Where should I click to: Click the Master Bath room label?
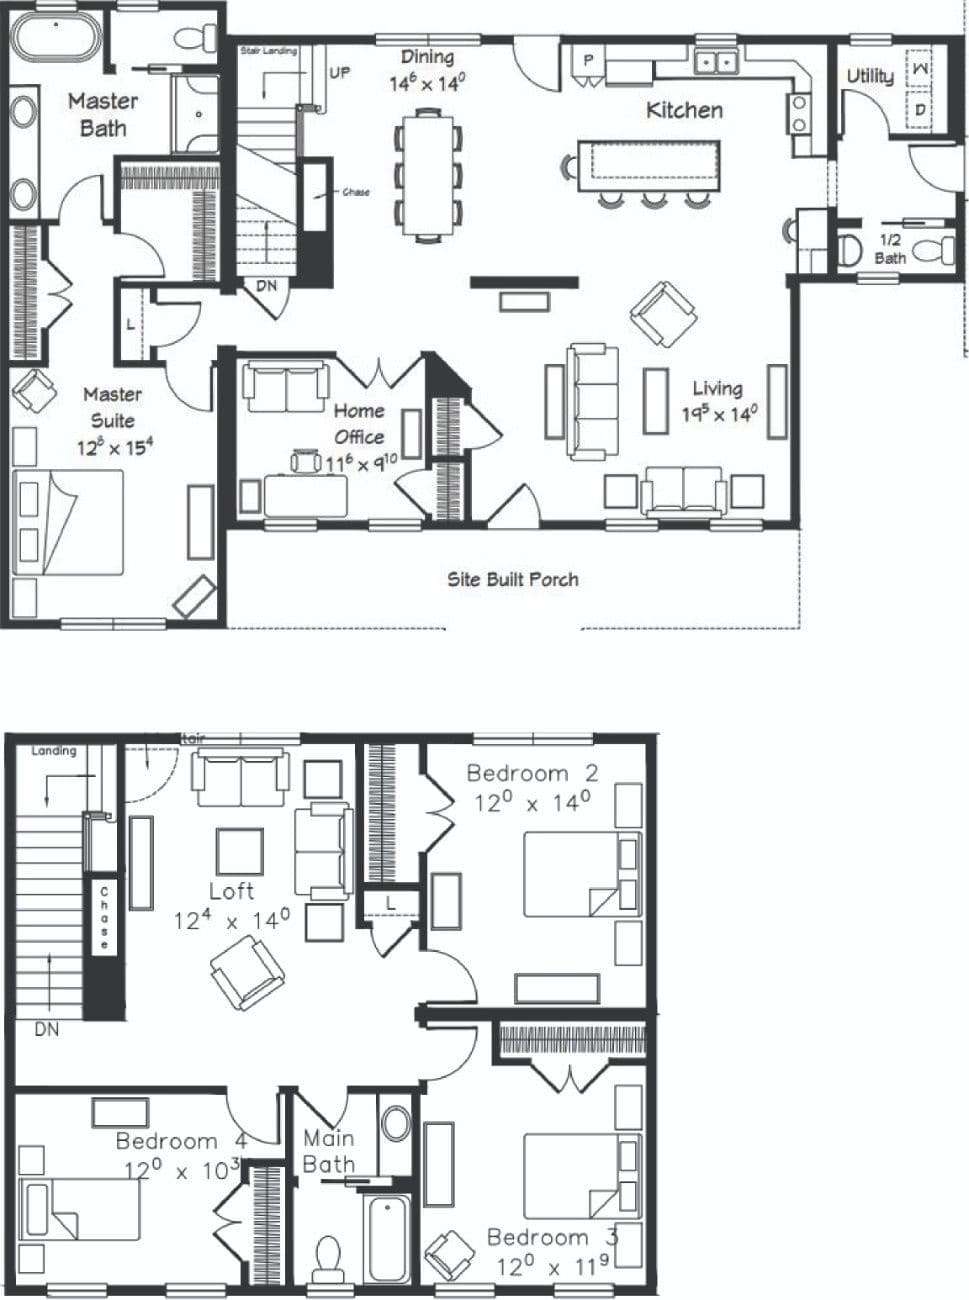(102, 114)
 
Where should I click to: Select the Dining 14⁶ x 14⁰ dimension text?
(427, 83)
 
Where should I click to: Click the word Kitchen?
(684, 109)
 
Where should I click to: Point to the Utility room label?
(869, 76)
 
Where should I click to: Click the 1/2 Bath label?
(889, 249)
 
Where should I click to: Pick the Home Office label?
(359, 423)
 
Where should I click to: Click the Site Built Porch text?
(512, 578)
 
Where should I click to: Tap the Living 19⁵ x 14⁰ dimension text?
(719, 413)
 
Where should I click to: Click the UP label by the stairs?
(340, 73)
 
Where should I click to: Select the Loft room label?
(231, 890)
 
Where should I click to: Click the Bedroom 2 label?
(532, 773)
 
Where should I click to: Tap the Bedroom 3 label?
(552, 1237)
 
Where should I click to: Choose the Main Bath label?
(328, 1151)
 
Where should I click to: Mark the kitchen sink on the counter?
(716, 62)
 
